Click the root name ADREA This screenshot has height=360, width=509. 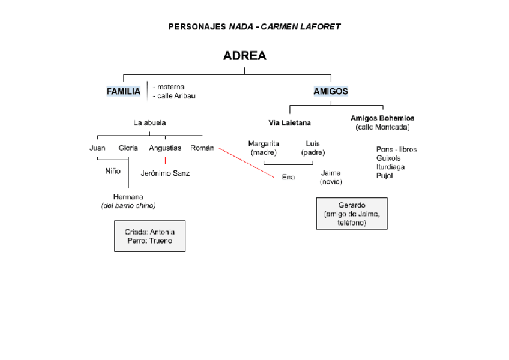pyautogui.click(x=244, y=56)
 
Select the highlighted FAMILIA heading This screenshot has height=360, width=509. pyautogui.click(x=124, y=92)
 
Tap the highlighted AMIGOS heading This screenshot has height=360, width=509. pyautogui.click(x=331, y=92)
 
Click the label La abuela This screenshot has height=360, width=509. pyautogui.click(x=150, y=123)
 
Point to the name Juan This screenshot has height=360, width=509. pyautogui.click(x=97, y=148)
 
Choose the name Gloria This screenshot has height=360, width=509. pyautogui.click(x=128, y=148)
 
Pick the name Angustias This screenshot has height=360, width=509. pyautogui.click(x=165, y=148)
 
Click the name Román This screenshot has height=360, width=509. pyautogui.click(x=202, y=148)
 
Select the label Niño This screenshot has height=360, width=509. pyautogui.click(x=113, y=171)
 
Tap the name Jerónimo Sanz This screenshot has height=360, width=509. pyautogui.click(x=165, y=173)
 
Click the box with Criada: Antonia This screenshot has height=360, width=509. pyautogui.click(x=149, y=236)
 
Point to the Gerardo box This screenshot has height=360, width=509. pyautogui.click(x=352, y=214)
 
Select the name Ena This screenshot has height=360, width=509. pyautogui.click(x=288, y=177)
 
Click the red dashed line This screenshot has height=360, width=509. pyautogui.click(x=246, y=162)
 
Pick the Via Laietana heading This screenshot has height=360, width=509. pyautogui.click(x=289, y=123)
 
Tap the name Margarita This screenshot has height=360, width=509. pyautogui.click(x=264, y=144)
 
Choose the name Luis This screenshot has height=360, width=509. pyautogui.click(x=313, y=144)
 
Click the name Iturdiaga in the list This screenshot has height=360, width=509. pyautogui.click(x=390, y=167)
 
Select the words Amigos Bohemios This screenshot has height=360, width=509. pyautogui.click(x=382, y=118)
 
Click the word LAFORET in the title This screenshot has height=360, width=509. pyautogui.click(x=318, y=27)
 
